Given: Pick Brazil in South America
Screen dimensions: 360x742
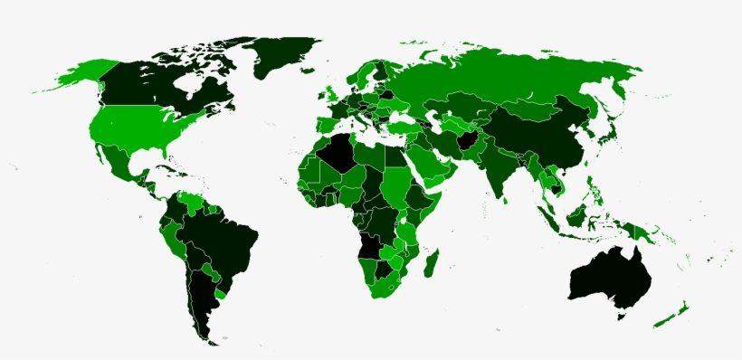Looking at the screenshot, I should (x=222, y=240).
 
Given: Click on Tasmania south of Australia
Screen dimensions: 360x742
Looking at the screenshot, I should (x=622, y=316).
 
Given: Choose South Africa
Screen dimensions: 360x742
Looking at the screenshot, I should (x=385, y=285).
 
